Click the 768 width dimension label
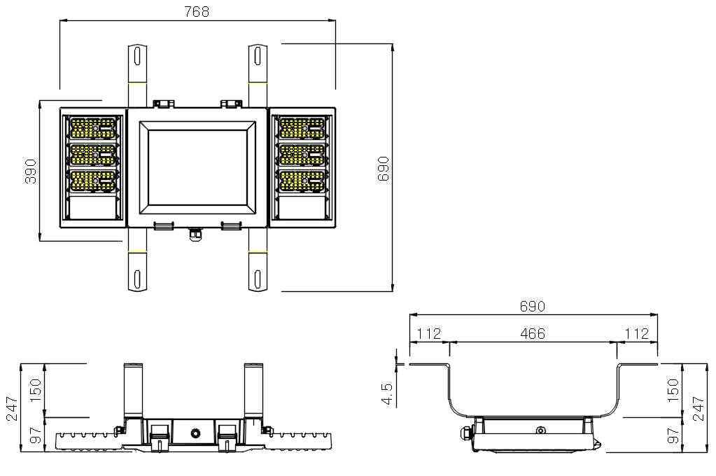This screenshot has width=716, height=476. [197, 11]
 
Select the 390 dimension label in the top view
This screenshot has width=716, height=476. [30, 171]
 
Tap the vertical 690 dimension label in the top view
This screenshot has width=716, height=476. [383, 169]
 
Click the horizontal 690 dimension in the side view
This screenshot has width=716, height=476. [533, 306]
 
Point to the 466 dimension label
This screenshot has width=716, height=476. [533, 333]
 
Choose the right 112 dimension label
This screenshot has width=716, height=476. [636, 333]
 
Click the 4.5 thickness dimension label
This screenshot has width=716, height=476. [387, 394]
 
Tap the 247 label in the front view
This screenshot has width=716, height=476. [11, 408]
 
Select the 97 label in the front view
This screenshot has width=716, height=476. [35, 435]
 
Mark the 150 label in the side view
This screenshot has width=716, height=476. [673, 390]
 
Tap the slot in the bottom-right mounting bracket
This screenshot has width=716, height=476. [258, 279]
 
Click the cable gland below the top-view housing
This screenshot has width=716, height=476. [195, 233]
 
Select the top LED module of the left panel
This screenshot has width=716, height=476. [92, 129]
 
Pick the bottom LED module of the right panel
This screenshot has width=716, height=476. [302, 181]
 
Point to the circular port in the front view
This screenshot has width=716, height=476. [196, 432]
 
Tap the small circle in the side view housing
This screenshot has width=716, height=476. [540, 430]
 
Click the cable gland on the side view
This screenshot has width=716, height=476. [467, 433]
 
